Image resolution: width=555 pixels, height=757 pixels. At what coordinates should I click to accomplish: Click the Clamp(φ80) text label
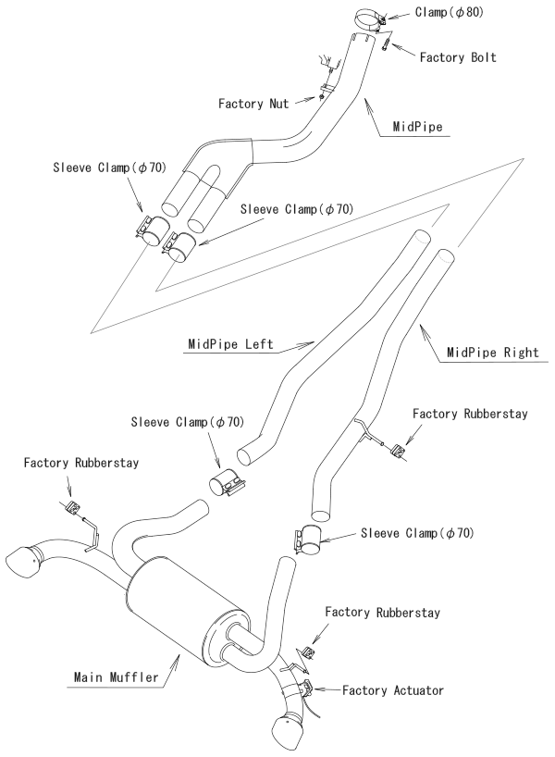(447, 13)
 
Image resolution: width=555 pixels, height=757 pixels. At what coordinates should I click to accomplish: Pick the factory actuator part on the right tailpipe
(305, 688)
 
